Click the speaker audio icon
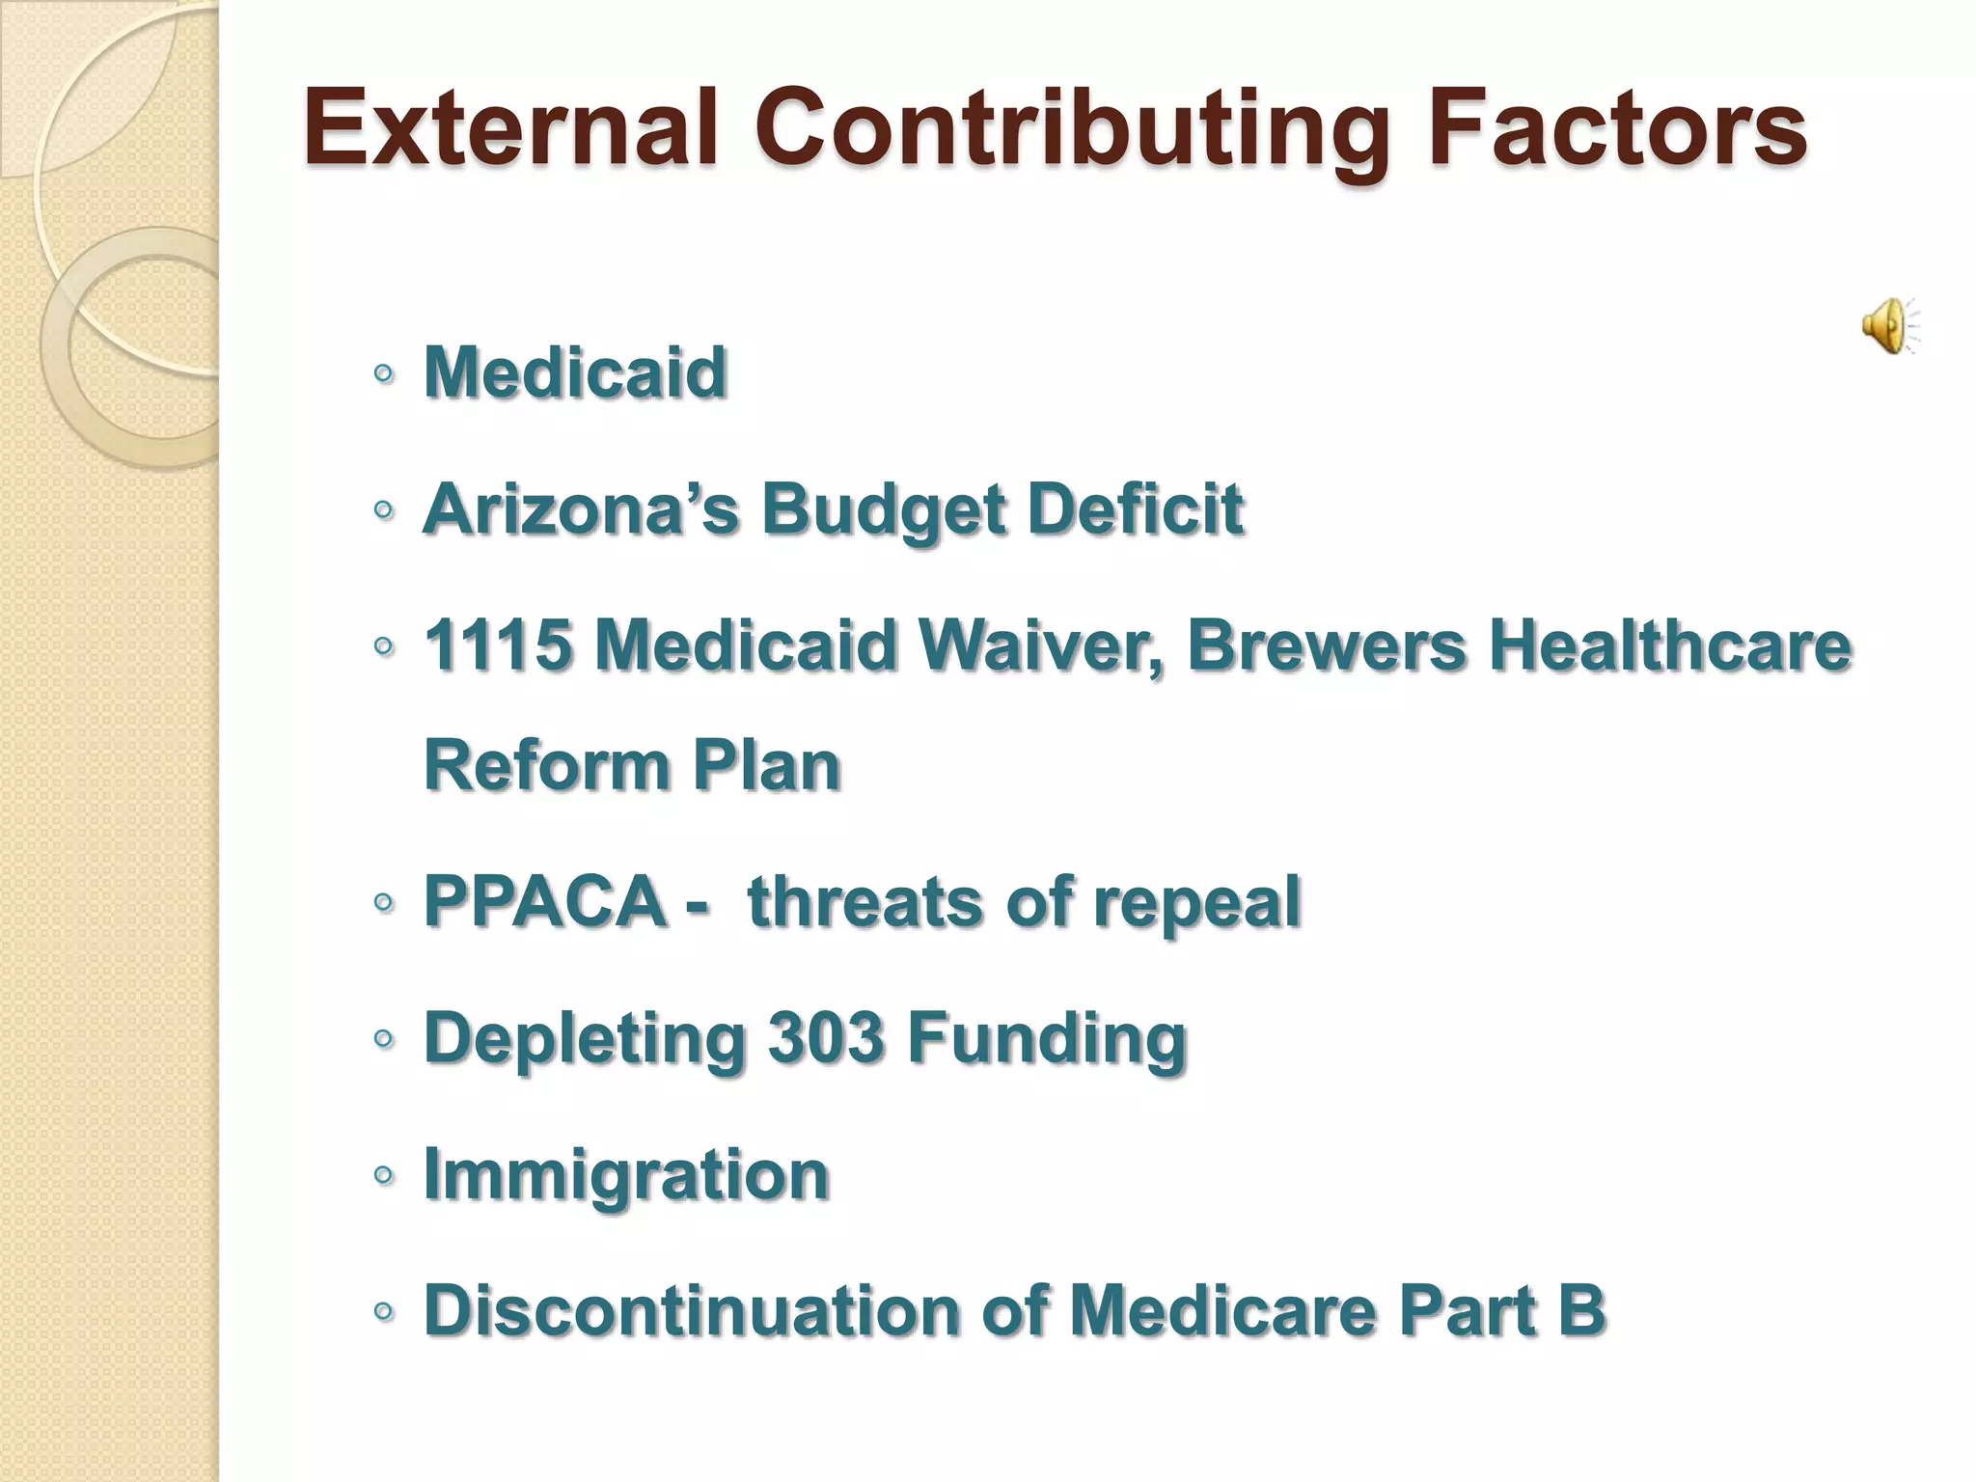coord(1889,326)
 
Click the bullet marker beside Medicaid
coord(383,373)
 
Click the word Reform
coord(545,765)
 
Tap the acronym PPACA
coord(544,901)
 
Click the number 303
coord(825,1038)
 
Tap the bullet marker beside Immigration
coord(383,1175)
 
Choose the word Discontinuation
coord(691,1310)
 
